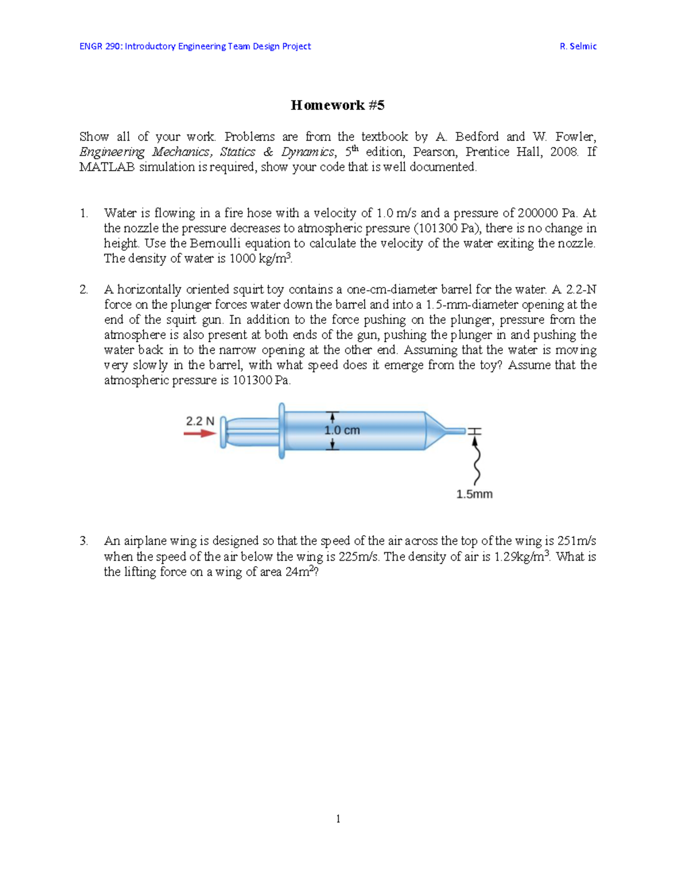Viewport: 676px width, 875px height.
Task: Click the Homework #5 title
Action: (337, 105)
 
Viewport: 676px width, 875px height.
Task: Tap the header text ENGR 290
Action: (100, 46)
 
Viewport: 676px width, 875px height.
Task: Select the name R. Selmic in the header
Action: (578, 46)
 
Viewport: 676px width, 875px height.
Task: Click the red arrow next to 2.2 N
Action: (199, 433)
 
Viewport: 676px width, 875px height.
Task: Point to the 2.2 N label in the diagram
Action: (200, 421)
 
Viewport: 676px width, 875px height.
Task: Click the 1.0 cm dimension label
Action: (342, 430)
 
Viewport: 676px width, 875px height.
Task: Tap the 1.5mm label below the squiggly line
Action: (474, 494)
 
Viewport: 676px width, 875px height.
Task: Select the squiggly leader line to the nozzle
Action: (477, 462)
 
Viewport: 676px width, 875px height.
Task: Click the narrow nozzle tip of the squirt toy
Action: (455, 431)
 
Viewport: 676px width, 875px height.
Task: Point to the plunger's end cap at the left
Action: (223, 432)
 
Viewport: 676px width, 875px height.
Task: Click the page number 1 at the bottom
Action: (338, 819)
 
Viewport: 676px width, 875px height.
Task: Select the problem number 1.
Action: (83, 213)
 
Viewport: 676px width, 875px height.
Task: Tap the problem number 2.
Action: (83, 290)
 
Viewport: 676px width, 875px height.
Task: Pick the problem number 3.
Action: (83, 541)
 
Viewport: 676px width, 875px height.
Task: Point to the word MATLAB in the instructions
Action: (107, 167)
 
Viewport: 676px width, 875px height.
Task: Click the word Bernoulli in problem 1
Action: (216, 243)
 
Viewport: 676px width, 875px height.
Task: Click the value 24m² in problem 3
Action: (299, 572)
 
